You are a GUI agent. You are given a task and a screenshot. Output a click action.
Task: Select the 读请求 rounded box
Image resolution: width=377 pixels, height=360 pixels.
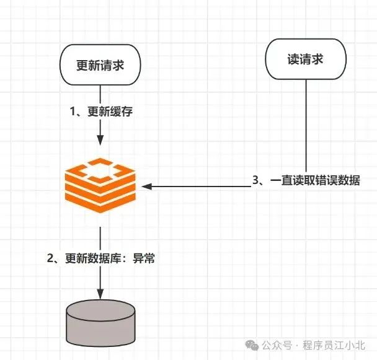306,60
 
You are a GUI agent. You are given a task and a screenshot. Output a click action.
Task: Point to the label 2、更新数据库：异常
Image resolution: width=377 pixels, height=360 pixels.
100,258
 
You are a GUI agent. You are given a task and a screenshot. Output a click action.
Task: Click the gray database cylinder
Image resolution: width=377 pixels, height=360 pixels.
100,322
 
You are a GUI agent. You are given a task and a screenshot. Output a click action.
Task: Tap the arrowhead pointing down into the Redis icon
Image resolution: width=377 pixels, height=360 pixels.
100,143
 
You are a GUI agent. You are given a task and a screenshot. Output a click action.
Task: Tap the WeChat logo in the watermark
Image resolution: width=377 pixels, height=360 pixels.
252,345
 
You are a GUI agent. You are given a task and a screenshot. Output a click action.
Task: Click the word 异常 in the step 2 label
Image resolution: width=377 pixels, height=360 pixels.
144,258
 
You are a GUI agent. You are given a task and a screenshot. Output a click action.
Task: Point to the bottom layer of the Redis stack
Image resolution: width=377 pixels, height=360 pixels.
100,203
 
